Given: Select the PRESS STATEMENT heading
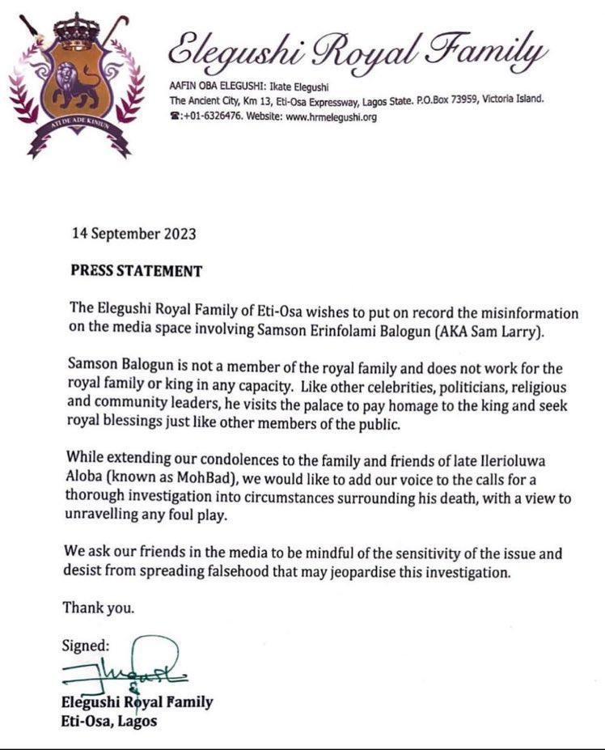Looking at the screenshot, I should tap(136, 271).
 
